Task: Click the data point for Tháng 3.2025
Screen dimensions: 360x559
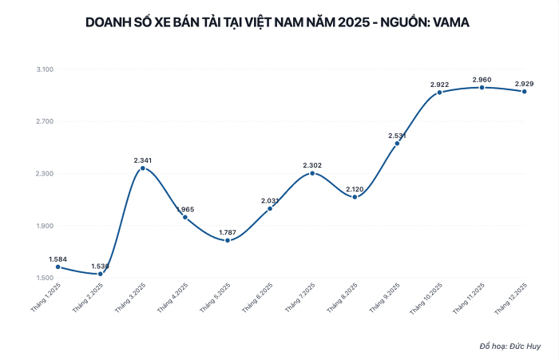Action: coord(143,168)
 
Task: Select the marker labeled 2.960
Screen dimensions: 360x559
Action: coord(482,87)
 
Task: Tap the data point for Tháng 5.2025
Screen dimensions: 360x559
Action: coord(228,240)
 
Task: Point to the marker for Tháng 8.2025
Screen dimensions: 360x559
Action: coord(355,197)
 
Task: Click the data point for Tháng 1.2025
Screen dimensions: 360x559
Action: coord(58,267)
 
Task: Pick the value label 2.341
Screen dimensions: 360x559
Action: coord(143,160)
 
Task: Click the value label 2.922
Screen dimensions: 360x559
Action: coord(439,85)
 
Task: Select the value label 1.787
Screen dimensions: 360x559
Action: coord(228,232)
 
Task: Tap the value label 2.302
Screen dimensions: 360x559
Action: coord(312,165)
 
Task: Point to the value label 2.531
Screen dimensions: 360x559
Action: coord(397,135)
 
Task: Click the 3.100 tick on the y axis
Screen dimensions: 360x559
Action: coord(45,70)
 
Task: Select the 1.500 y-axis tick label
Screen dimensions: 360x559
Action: coord(45,278)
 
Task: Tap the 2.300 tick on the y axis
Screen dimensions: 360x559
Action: coord(45,174)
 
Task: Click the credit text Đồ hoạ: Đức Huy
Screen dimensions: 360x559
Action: coord(509,346)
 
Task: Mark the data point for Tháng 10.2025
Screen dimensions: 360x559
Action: coord(439,93)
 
